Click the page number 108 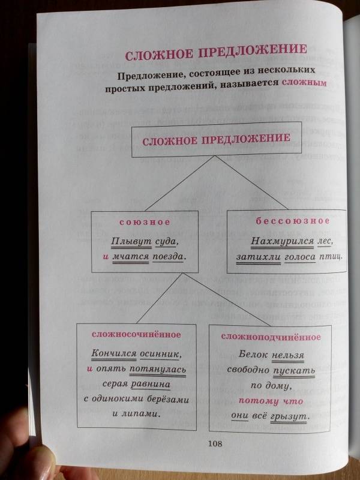[x=215, y=443]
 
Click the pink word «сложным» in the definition [x=304, y=82]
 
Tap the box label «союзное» [x=145, y=223]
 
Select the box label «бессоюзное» [x=293, y=221]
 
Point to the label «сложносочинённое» [x=136, y=335]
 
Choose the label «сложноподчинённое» [x=271, y=337]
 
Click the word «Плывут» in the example [x=131, y=242]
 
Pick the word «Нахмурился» [x=282, y=241]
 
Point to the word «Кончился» [x=114, y=353]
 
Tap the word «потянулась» [x=158, y=368]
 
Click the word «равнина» [x=151, y=384]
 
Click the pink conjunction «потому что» [x=271, y=401]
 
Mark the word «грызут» [x=289, y=416]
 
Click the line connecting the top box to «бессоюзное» [x=251, y=182]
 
